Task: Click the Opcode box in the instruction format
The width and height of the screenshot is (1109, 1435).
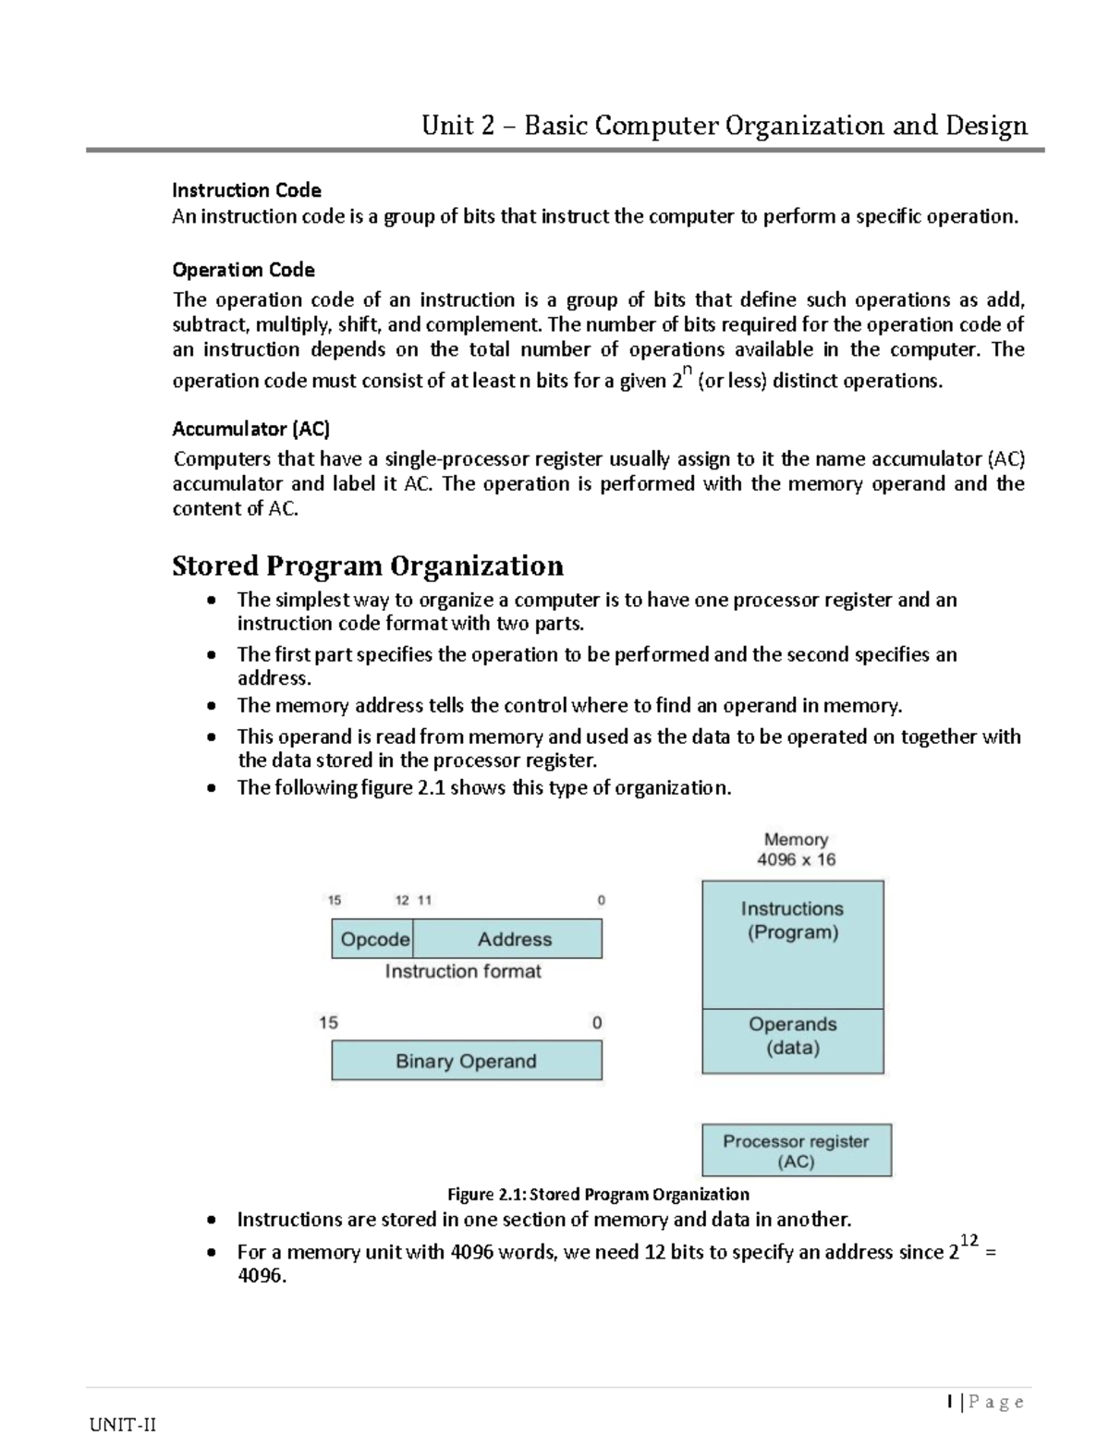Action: [373, 939]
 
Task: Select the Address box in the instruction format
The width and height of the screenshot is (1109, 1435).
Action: [514, 939]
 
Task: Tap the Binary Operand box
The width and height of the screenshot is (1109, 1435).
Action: [466, 1061]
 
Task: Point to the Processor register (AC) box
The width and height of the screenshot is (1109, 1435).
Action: [796, 1150]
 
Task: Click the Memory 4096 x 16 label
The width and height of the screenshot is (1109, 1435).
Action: [796, 849]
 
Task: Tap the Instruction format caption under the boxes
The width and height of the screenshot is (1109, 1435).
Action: [463, 971]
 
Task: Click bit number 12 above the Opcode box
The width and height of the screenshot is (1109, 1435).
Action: [402, 900]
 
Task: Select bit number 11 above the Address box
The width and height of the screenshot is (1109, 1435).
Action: [424, 900]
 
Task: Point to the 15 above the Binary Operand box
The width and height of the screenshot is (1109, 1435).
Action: [328, 1023]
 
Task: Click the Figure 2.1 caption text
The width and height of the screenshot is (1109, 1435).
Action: [598, 1194]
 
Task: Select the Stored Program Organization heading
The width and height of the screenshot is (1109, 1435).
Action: [367, 565]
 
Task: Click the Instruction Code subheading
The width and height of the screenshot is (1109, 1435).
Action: [246, 190]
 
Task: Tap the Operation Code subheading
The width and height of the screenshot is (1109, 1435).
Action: [243, 270]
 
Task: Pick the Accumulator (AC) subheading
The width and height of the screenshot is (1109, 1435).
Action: [250, 429]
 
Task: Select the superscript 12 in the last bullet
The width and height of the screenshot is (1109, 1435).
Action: [969, 1240]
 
